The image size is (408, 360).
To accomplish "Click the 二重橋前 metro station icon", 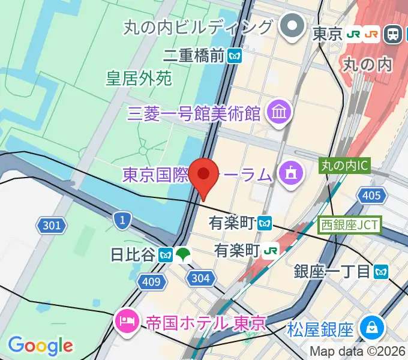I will (235, 56).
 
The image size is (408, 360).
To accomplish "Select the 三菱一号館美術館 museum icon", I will (280, 112).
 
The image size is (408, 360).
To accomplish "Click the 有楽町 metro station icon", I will (265, 223).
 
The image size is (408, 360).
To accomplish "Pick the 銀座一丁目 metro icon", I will (380, 271).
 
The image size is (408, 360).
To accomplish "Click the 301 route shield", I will (52, 225).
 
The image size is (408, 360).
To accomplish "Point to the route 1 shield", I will (122, 220).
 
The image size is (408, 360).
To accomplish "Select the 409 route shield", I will (152, 280).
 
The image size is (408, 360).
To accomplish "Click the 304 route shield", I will (200, 277).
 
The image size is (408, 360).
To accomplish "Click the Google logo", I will (40, 346).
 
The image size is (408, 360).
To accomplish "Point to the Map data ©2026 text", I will (358, 352).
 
